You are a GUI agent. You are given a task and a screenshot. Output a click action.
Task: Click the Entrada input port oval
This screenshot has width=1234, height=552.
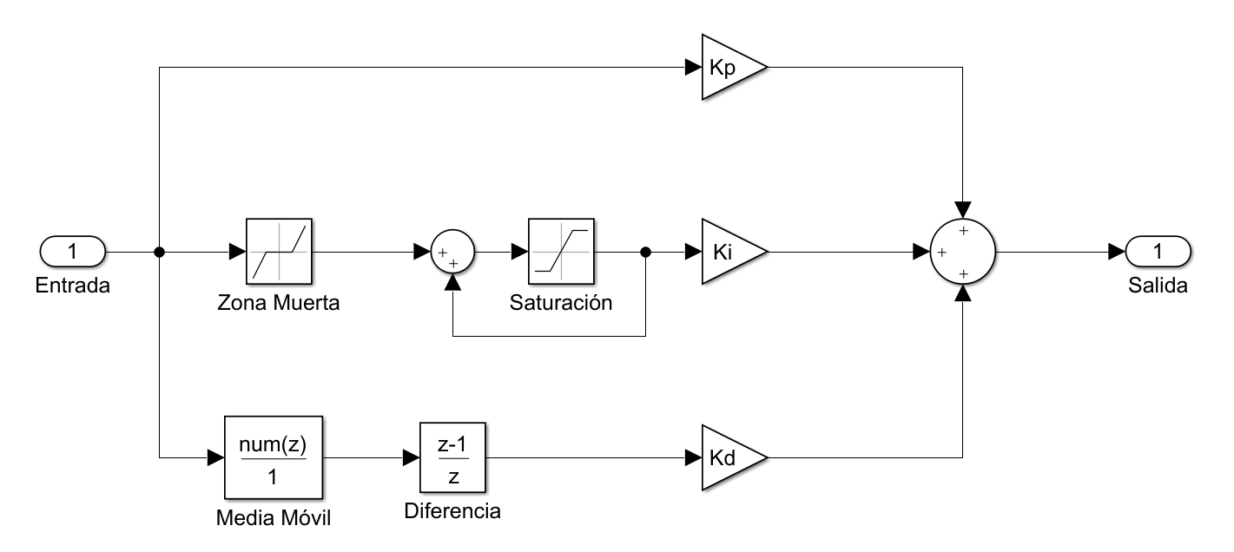point(73,253)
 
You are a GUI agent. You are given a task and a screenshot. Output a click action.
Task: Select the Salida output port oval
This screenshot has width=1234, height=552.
point(1158,253)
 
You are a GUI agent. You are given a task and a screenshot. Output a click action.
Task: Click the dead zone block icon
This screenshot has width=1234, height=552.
point(279,252)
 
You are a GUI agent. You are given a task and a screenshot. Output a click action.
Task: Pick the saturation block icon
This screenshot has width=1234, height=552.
point(561,252)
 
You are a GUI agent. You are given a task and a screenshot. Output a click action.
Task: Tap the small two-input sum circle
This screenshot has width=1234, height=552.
point(452,253)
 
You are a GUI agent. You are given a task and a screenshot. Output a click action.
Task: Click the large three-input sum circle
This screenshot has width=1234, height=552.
point(963,253)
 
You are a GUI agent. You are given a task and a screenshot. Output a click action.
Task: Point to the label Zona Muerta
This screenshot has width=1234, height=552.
point(279,304)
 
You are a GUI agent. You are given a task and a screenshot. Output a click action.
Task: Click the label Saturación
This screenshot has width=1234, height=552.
point(561,304)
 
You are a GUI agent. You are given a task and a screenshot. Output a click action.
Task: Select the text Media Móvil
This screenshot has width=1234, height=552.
point(273,519)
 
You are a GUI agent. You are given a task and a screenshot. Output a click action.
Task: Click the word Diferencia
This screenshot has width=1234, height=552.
point(452,511)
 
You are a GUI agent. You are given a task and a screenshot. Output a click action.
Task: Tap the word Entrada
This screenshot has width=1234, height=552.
point(73,286)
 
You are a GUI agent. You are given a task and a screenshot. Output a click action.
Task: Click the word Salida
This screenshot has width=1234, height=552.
point(1158,286)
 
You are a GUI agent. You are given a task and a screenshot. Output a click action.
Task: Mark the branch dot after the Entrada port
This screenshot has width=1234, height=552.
point(159,253)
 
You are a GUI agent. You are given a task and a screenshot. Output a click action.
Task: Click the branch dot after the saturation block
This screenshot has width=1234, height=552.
point(644,253)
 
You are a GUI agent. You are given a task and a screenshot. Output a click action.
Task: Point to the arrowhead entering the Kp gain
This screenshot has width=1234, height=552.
point(694,68)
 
